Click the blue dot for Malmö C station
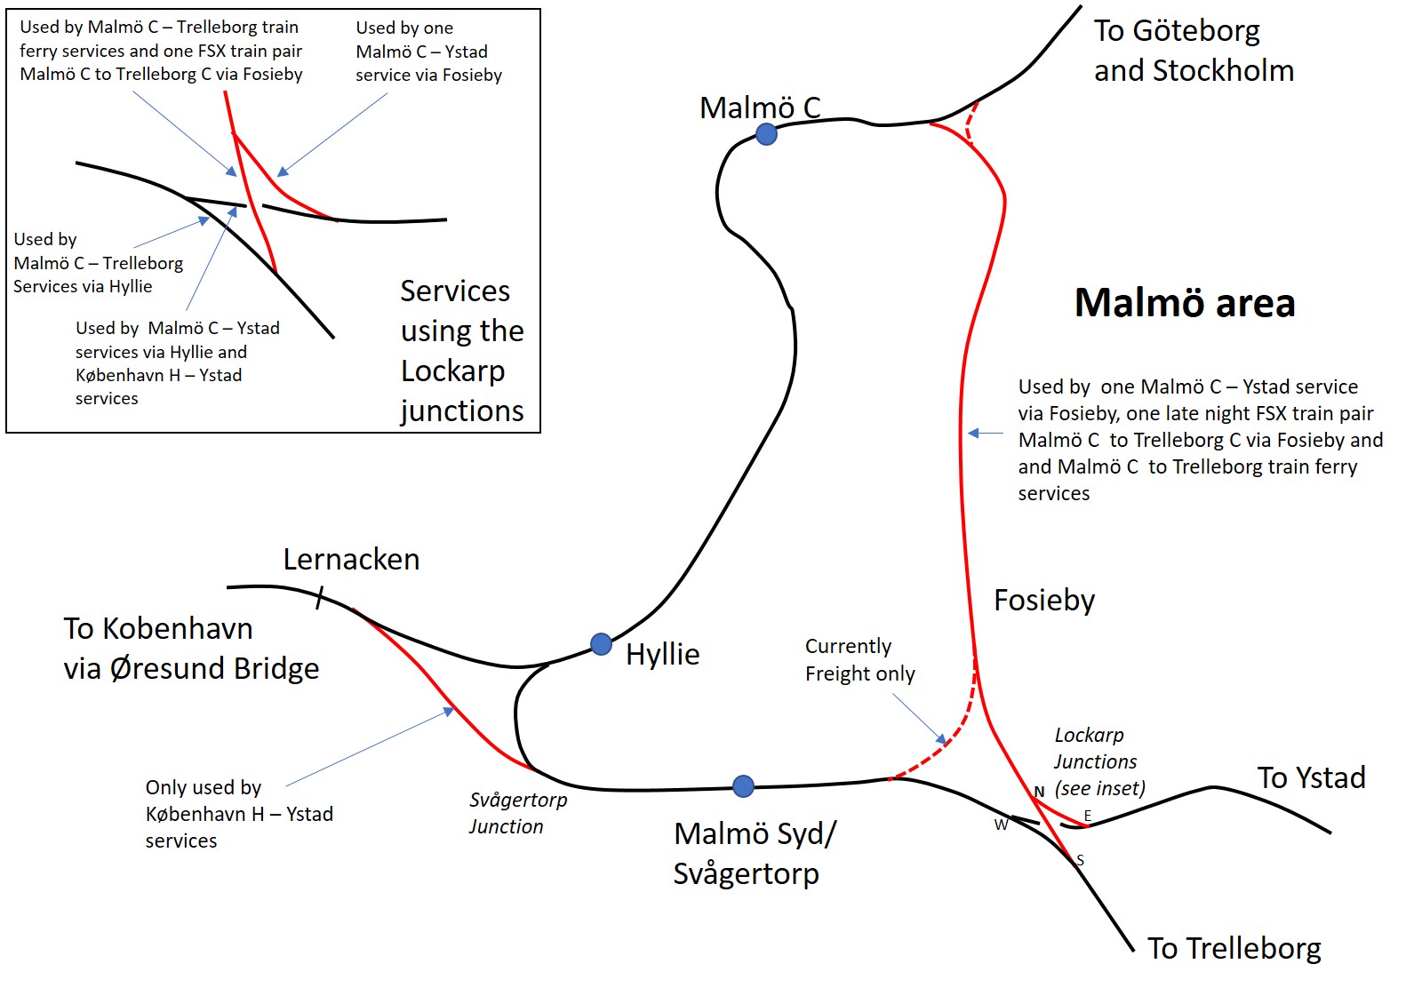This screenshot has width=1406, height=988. click(766, 134)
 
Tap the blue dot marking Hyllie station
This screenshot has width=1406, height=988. click(602, 644)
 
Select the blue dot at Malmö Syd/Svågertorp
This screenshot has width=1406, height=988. click(743, 786)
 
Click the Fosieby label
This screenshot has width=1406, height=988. click(1044, 601)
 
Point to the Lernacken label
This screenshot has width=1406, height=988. click(352, 559)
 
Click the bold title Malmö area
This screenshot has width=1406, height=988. click(1185, 302)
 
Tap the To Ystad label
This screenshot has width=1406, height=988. click(1312, 777)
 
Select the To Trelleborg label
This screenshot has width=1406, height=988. click(1234, 949)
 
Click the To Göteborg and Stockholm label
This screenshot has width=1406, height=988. click(1194, 50)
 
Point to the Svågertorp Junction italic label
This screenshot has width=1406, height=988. click(518, 813)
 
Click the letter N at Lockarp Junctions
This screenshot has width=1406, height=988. click(1040, 793)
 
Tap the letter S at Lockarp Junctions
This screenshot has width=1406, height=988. click(1080, 860)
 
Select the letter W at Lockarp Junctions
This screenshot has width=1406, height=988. click(1001, 825)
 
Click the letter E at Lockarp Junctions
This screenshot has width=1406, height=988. click(1088, 816)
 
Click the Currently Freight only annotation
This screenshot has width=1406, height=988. click(860, 660)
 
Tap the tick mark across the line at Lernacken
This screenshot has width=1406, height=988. click(320, 597)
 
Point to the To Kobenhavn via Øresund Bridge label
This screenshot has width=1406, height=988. click(191, 648)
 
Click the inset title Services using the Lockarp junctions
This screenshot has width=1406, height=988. click(463, 351)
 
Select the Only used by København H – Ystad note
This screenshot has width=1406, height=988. click(239, 814)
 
